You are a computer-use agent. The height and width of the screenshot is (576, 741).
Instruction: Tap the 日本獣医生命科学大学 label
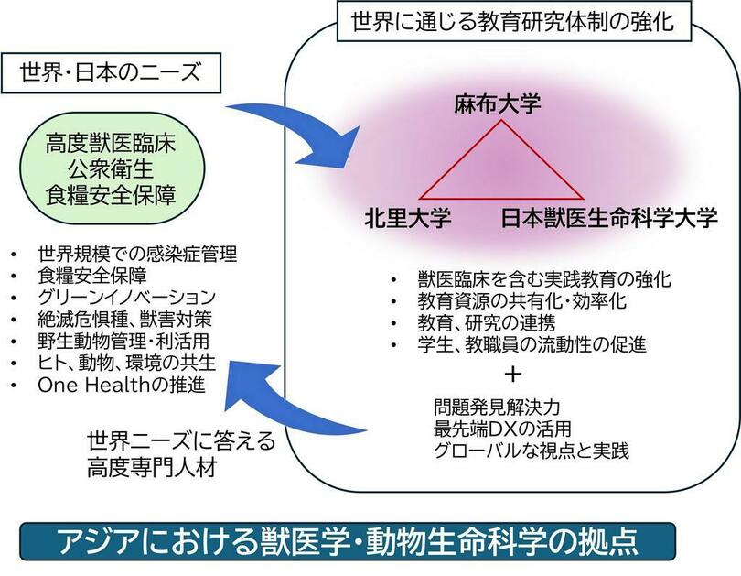point(609,221)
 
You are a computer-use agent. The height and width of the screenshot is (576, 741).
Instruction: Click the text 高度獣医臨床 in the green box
point(115,144)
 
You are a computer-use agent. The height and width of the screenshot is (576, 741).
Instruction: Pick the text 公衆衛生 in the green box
point(115,168)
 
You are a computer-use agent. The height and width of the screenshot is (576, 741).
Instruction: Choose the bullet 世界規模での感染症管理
point(125,253)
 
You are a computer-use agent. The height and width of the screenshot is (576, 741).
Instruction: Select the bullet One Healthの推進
point(115,386)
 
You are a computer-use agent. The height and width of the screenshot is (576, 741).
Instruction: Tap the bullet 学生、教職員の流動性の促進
point(518,345)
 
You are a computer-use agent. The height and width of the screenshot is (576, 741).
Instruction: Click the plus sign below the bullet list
point(513,374)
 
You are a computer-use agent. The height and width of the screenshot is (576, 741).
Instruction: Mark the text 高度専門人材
point(154,469)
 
